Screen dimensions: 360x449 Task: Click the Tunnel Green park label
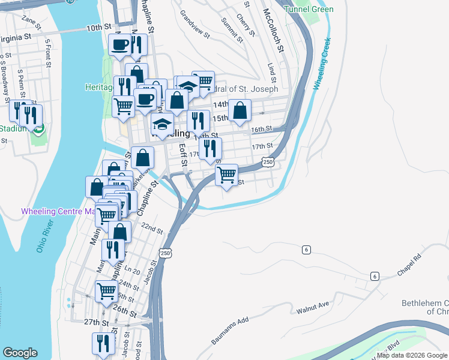pos(309,9)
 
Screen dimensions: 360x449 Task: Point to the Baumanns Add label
pos(230,331)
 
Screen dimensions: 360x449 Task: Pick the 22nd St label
pos(152,229)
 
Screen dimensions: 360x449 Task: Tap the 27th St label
pos(95,322)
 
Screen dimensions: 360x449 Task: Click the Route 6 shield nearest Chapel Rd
pos(375,276)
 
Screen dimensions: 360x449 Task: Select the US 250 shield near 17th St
pos(268,162)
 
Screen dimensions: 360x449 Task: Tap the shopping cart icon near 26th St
pos(107,291)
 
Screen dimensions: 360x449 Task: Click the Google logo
pos(20,353)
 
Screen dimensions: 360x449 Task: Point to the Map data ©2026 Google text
pos(412,355)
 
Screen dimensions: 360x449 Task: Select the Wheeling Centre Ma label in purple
pos(58,211)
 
